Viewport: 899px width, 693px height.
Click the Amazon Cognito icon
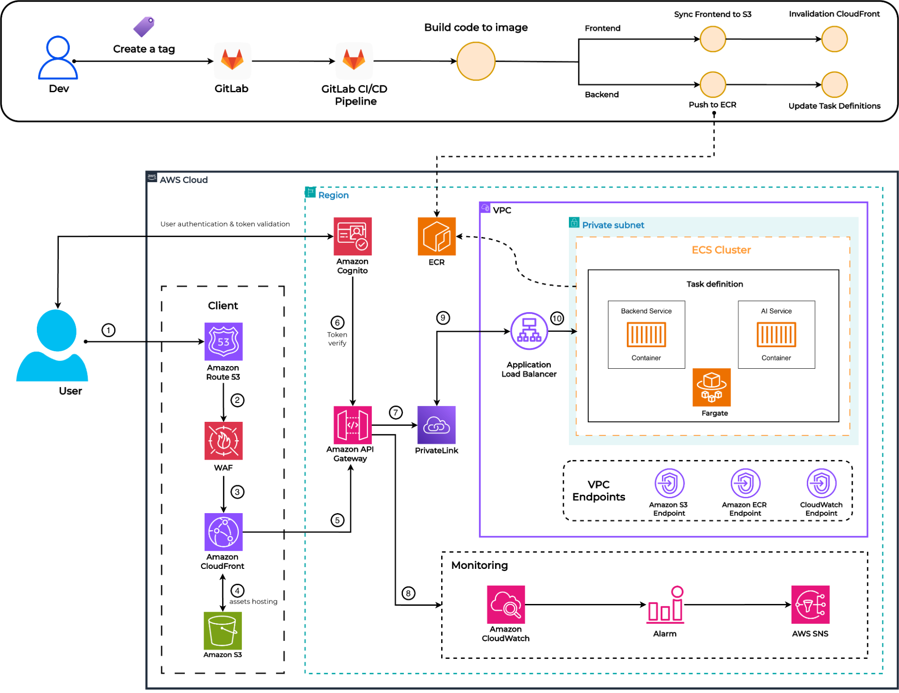point(352,237)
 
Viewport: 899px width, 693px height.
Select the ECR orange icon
point(436,237)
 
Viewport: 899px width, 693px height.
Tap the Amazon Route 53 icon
point(224,341)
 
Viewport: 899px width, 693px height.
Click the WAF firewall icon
point(224,441)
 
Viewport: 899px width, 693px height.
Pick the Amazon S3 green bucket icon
point(223,630)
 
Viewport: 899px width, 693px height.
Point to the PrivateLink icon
point(436,425)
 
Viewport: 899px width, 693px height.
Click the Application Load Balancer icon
point(529,331)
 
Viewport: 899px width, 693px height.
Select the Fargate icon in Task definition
point(711,387)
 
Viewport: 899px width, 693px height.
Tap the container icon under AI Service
point(776,335)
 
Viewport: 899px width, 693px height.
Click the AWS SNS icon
point(810,604)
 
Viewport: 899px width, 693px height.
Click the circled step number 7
point(395,412)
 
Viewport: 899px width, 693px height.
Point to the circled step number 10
point(557,318)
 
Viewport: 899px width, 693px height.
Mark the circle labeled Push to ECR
point(713,85)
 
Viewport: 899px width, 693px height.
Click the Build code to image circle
point(476,61)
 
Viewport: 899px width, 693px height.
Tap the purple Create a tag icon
point(144,27)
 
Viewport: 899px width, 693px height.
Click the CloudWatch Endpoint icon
point(821,483)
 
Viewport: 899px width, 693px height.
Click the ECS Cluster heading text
point(721,250)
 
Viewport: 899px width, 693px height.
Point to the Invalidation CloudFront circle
point(834,39)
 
